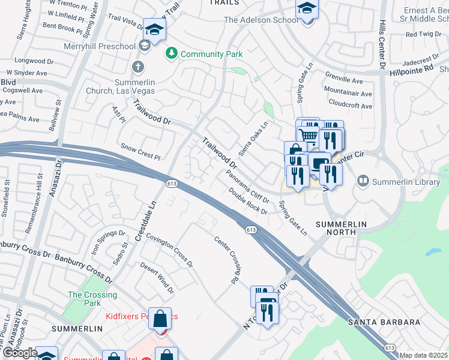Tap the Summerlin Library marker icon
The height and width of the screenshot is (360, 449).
363,181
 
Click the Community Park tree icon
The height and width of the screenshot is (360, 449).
172,54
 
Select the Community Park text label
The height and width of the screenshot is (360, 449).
211,54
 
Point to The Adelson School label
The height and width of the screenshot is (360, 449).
261,20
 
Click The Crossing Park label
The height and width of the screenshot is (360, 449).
92,299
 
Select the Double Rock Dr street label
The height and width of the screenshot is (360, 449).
247,200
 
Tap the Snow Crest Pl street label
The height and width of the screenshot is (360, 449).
141,151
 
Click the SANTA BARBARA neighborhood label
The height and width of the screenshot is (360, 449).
384,322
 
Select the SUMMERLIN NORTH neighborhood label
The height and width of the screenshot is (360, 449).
349,224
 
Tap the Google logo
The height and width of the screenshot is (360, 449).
19,353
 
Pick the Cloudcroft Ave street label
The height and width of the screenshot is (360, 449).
350,106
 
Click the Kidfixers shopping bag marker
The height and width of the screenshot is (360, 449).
161,319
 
